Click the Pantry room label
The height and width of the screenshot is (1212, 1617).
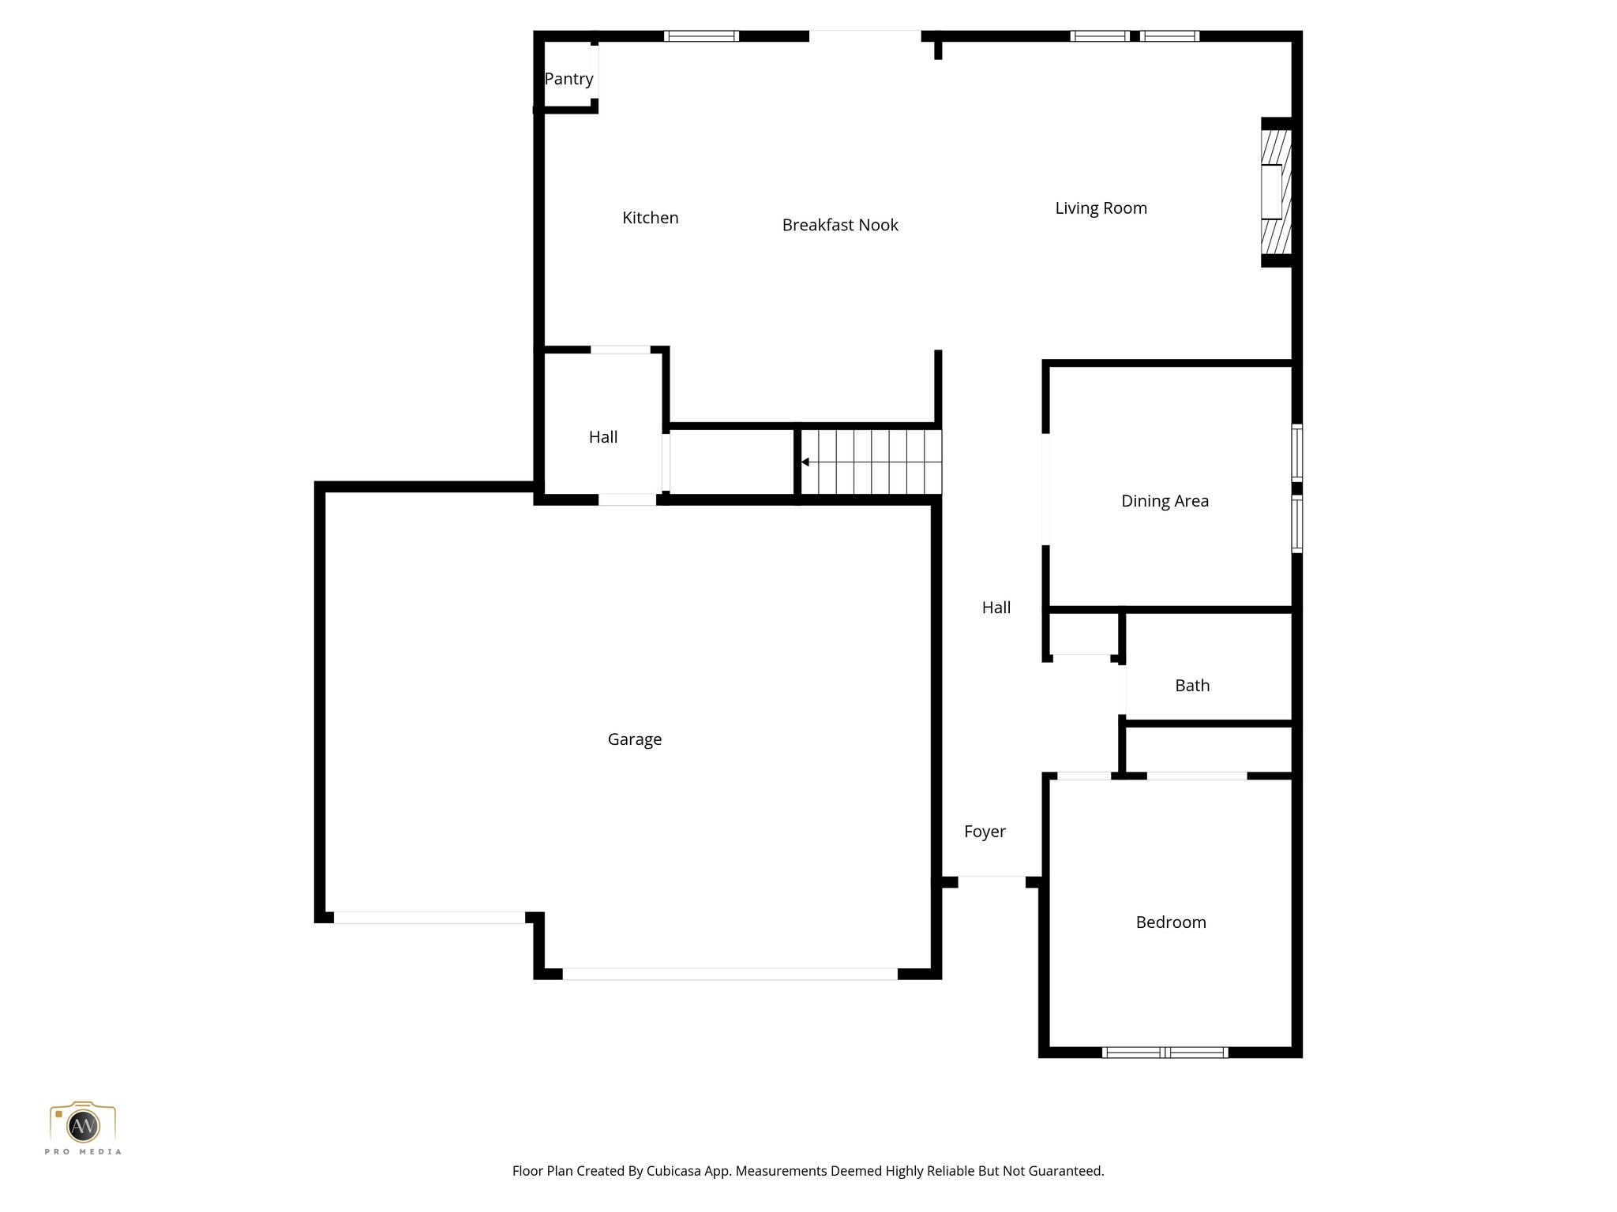pos(568,79)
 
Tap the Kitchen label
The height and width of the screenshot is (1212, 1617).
pos(650,218)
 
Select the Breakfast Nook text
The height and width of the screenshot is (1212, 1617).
pos(839,225)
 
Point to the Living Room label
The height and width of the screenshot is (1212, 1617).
pos(1101,208)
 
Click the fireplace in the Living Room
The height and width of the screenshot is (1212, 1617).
pos(1274,192)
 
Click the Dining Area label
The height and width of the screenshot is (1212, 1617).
pos(1165,501)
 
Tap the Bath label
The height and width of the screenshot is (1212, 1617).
pos(1191,686)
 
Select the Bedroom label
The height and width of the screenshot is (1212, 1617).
pos(1170,922)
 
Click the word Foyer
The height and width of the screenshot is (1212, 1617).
pos(984,832)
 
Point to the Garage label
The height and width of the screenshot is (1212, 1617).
pos(634,739)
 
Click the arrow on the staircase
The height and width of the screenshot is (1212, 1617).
pos(805,462)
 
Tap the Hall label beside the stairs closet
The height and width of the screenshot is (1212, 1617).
pos(602,437)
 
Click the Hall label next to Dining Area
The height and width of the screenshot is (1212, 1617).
pos(996,608)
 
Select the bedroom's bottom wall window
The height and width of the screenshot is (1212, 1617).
pos(1165,1052)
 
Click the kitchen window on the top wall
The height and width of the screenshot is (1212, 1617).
pos(701,36)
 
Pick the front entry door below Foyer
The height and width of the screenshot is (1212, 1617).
pos(992,881)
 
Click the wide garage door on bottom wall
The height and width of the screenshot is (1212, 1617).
pos(730,974)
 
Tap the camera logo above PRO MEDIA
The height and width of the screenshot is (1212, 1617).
pos(83,1124)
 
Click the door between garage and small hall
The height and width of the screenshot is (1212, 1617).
pos(627,499)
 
